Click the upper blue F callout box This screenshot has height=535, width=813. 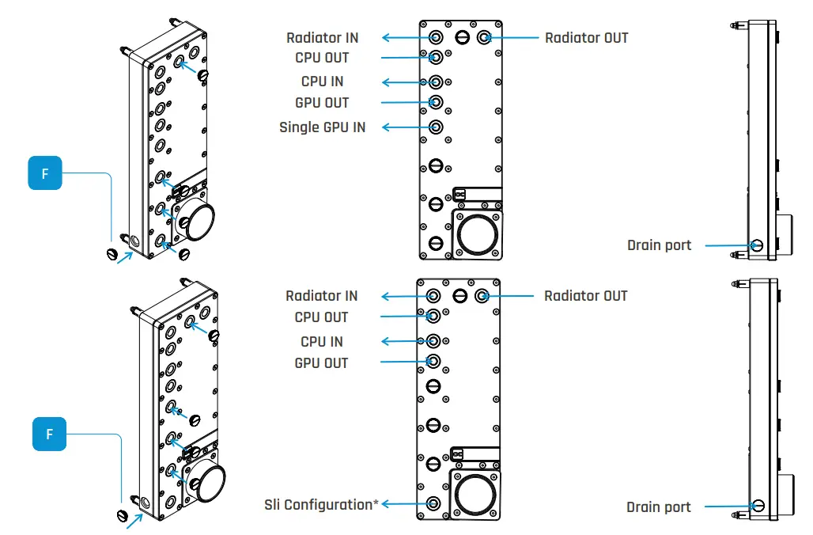click(45, 173)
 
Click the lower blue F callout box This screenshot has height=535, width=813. click(49, 434)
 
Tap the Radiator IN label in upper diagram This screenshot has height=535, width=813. click(322, 37)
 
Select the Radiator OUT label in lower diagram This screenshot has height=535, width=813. click(585, 296)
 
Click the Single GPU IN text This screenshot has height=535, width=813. click(322, 127)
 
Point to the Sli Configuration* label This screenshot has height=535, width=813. click(321, 504)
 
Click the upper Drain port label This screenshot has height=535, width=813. click(659, 245)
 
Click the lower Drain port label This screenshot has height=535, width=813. click(658, 507)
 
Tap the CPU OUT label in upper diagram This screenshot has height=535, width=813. click(322, 58)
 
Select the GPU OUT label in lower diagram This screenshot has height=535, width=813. click(321, 363)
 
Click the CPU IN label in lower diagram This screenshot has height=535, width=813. click(322, 342)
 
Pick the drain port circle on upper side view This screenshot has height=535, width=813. click(757, 245)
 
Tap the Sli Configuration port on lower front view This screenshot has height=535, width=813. click(433, 503)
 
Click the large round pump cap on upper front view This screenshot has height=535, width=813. click(477, 233)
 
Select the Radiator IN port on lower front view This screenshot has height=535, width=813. click(433, 296)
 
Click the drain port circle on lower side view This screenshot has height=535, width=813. click(758, 507)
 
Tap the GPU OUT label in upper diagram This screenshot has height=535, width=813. click(322, 103)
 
